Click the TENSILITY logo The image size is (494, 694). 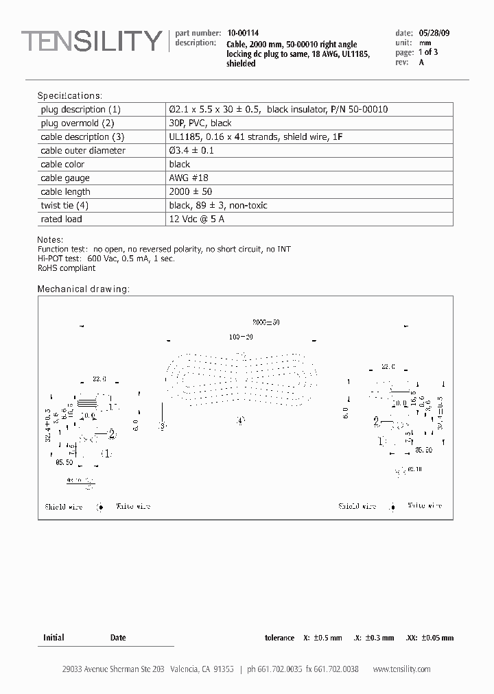(91, 42)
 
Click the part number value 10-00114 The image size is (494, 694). (243, 33)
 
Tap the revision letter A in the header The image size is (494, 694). (421, 62)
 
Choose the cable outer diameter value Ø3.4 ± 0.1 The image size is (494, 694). (191, 151)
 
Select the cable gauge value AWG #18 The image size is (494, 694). (189, 178)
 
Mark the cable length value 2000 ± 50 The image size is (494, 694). (189, 192)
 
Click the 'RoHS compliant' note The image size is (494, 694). (67, 268)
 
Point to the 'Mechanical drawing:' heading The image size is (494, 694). (83, 289)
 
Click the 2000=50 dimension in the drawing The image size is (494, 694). (266, 322)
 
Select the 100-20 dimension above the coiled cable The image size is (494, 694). (241, 337)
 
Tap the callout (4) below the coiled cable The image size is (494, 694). (239, 421)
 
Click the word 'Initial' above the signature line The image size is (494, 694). (54, 638)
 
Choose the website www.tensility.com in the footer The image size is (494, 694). (401, 669)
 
